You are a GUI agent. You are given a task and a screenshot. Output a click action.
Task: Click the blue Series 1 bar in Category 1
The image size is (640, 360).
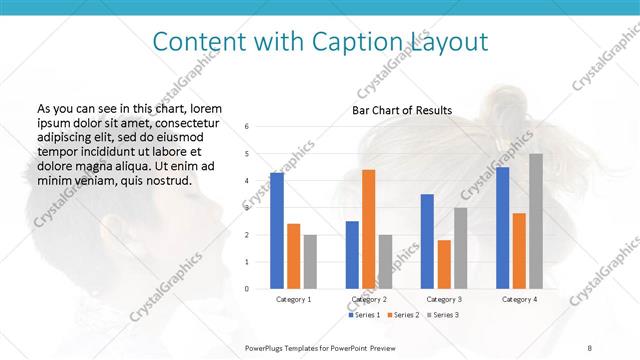tap(277, 231)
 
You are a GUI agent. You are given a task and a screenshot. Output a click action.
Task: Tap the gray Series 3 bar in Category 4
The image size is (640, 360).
tap(536, 221)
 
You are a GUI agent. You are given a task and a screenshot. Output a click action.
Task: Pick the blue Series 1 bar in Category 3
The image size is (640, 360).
tap(427, 241)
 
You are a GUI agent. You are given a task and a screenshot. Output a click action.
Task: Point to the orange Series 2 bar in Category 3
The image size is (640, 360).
tap(444, 264)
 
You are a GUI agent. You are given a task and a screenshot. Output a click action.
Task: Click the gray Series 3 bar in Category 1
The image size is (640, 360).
tap(310, 261)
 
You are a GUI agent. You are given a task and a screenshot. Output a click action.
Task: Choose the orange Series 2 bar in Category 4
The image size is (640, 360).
tap(519, 250)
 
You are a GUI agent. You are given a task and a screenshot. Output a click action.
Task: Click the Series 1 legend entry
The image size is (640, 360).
tap(365, 315)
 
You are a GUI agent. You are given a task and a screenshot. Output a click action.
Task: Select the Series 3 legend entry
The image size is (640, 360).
tap(444, 315)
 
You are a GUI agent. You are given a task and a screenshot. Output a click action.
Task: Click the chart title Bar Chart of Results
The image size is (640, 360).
tap(402, 110)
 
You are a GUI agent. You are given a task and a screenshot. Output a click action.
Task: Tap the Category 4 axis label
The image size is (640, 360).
tap(518, 299)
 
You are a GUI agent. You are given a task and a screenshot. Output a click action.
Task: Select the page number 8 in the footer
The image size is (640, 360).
tap(590, 347)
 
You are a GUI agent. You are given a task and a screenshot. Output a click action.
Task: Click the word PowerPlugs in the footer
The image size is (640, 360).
tap(266, 347)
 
